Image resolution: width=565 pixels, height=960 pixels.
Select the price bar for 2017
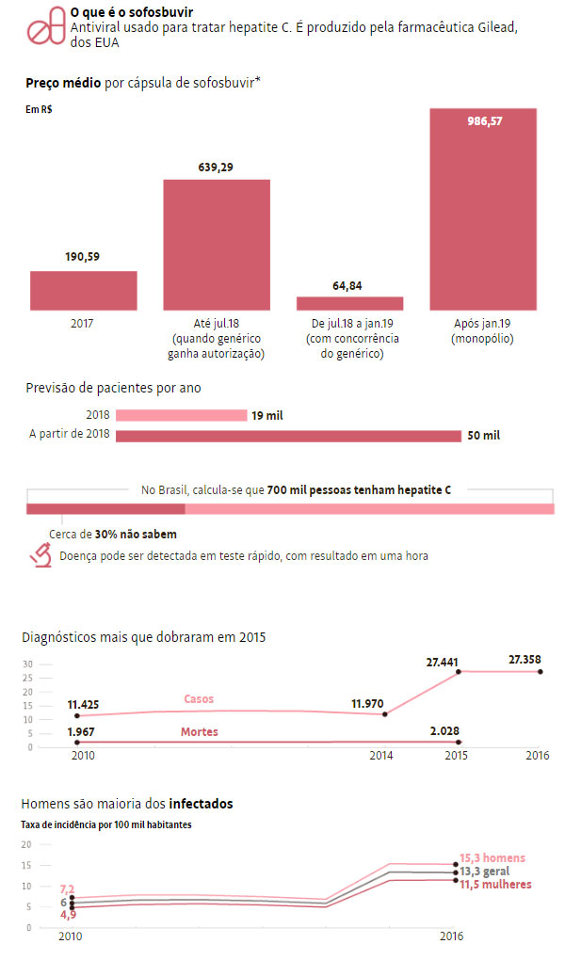coord(83,291)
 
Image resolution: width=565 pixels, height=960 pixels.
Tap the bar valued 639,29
coord(217,245)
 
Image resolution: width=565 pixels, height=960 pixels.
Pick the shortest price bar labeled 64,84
coord(349,303)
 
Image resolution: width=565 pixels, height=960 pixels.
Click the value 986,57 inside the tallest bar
coord(485,121)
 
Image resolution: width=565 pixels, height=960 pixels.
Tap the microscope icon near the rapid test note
coord(40,555)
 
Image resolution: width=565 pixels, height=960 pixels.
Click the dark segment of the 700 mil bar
coord(105,509)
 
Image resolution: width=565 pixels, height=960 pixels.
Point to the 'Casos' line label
coord(198,699)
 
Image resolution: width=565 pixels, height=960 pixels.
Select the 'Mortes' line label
coord(199,732)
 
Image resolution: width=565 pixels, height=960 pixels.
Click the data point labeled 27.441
coord(459,671)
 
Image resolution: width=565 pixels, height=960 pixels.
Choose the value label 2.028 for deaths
coord(443,730)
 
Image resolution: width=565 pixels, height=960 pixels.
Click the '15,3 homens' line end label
coord(492,858)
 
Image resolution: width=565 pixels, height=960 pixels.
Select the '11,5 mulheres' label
coord(495,885)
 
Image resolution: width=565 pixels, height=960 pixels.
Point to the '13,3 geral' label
coord(484,872)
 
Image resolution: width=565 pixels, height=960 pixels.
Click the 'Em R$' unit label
coord(39,110)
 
